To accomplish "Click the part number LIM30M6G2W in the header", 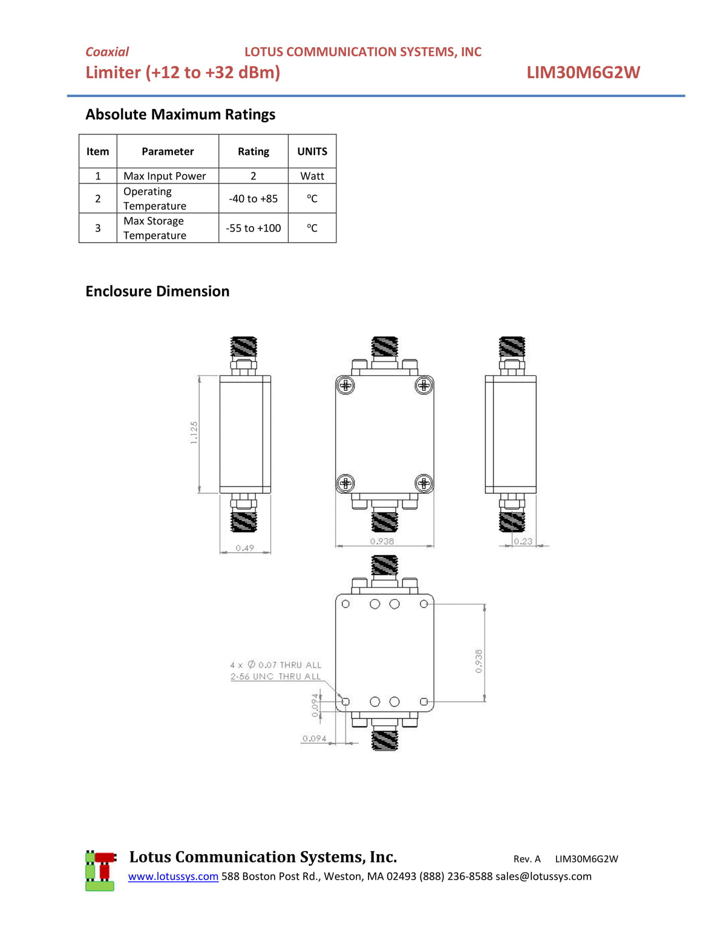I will click(x=583, y=73).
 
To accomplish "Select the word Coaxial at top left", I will click(x=107, y=52).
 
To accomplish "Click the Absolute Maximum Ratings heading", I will click(x=180, y=114).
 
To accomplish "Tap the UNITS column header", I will click(x=312, y=151).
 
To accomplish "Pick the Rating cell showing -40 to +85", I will click(x=253, y=199).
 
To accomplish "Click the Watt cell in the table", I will click(x=312, y=176).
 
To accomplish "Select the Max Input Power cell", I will click(x=165, y=176).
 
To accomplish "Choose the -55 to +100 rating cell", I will click(x=253, y=228).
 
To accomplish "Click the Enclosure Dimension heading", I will click(x=157, y=291).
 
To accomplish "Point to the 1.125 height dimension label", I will click(x=194, y=433).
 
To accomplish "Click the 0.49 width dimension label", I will click(x=245, y=548).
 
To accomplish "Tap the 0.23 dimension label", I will click(x=523, y=541).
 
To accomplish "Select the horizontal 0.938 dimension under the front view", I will click(x=382, y=541).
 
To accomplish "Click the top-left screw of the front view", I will click(x=345, y=385).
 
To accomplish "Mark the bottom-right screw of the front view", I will click(x=423, y=483).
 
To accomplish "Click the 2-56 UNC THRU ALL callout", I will click(x=275, y=677).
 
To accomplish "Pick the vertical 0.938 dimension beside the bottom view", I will click(x=479, y=661).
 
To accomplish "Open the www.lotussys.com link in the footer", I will click(x=173, y=876).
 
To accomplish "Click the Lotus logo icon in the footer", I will click(x=100, y=870).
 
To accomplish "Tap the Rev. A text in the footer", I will click(x=527, y=859).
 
